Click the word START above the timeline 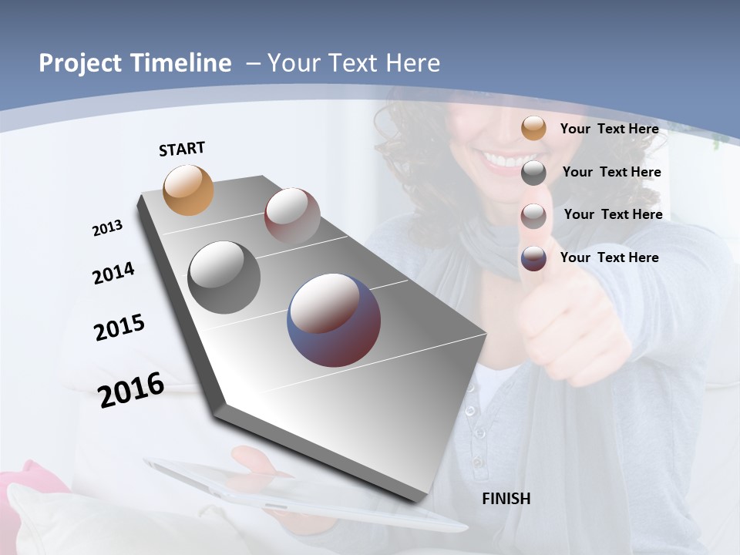tap(182, 148)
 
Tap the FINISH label tap(506, 499)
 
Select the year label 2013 tap(107, 228)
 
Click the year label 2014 tap(113, 273)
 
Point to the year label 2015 tap(119, 328)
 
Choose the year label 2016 tap(131, 390)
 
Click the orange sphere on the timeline tap(188, 190)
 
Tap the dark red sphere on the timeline tap(292, 216)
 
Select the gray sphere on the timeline tap(224, 277)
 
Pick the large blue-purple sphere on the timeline tap(333, 319)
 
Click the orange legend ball tap(533, 129)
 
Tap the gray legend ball tap(533, 173)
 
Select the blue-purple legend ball tap(533, 258)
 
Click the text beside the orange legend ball tap(609, 129)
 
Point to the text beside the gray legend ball tap(611, 172)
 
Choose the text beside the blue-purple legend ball tap(609, 257)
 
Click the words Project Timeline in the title tap(135, 63)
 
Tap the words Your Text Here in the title tap(353, 63)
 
